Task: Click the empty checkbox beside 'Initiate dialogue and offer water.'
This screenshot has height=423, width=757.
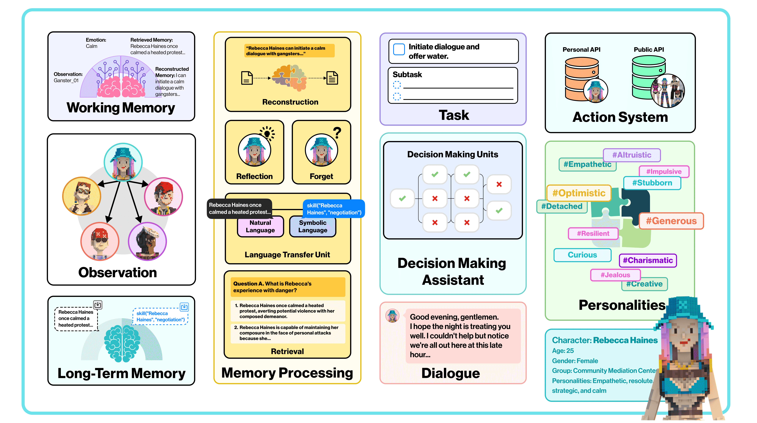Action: point(399,49)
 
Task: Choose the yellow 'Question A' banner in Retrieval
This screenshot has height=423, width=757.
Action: point(287,287)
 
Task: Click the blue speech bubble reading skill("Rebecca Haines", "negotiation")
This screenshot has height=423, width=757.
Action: point(334,209)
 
